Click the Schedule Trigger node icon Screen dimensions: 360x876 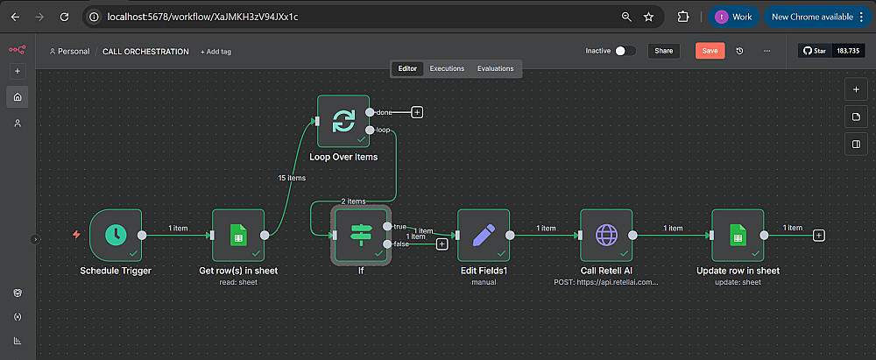point(115,235)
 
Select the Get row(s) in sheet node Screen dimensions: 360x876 point(238,235)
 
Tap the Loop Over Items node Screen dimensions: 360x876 point(343,122)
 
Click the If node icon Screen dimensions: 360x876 point(361,235)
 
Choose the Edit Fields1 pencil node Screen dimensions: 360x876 point(484,235)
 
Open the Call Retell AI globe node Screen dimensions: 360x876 point(606,235)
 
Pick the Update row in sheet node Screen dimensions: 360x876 point(738,235)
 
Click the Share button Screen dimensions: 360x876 point(663,51)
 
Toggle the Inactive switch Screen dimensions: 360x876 point(625,51)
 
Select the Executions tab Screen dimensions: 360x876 point(447,68)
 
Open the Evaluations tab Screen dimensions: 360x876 point(496,68)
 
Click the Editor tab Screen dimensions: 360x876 point(408,68)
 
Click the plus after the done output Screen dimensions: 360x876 point(417,112)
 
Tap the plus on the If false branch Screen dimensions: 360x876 point(442,244)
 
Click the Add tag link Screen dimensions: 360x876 point(217,52)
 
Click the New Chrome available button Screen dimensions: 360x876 point(812,17)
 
